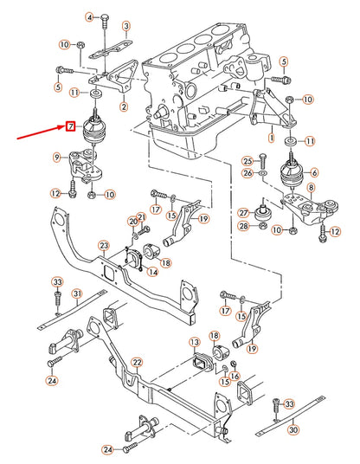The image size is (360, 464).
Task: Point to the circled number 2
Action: point(124,107)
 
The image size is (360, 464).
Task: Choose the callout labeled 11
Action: point(75,92)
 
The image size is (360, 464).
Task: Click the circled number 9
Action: point(57,157)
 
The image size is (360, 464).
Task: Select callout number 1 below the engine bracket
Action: point(270,137)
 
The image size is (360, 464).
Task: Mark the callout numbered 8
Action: point(312,188)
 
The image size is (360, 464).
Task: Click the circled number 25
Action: point(247,161)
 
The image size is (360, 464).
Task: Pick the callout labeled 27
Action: point(243,209)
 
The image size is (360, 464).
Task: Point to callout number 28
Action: point(243,226)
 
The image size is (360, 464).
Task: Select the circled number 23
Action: point(103,246)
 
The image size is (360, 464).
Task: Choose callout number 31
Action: point(76,295)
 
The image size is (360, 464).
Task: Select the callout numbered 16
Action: point(235,364)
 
